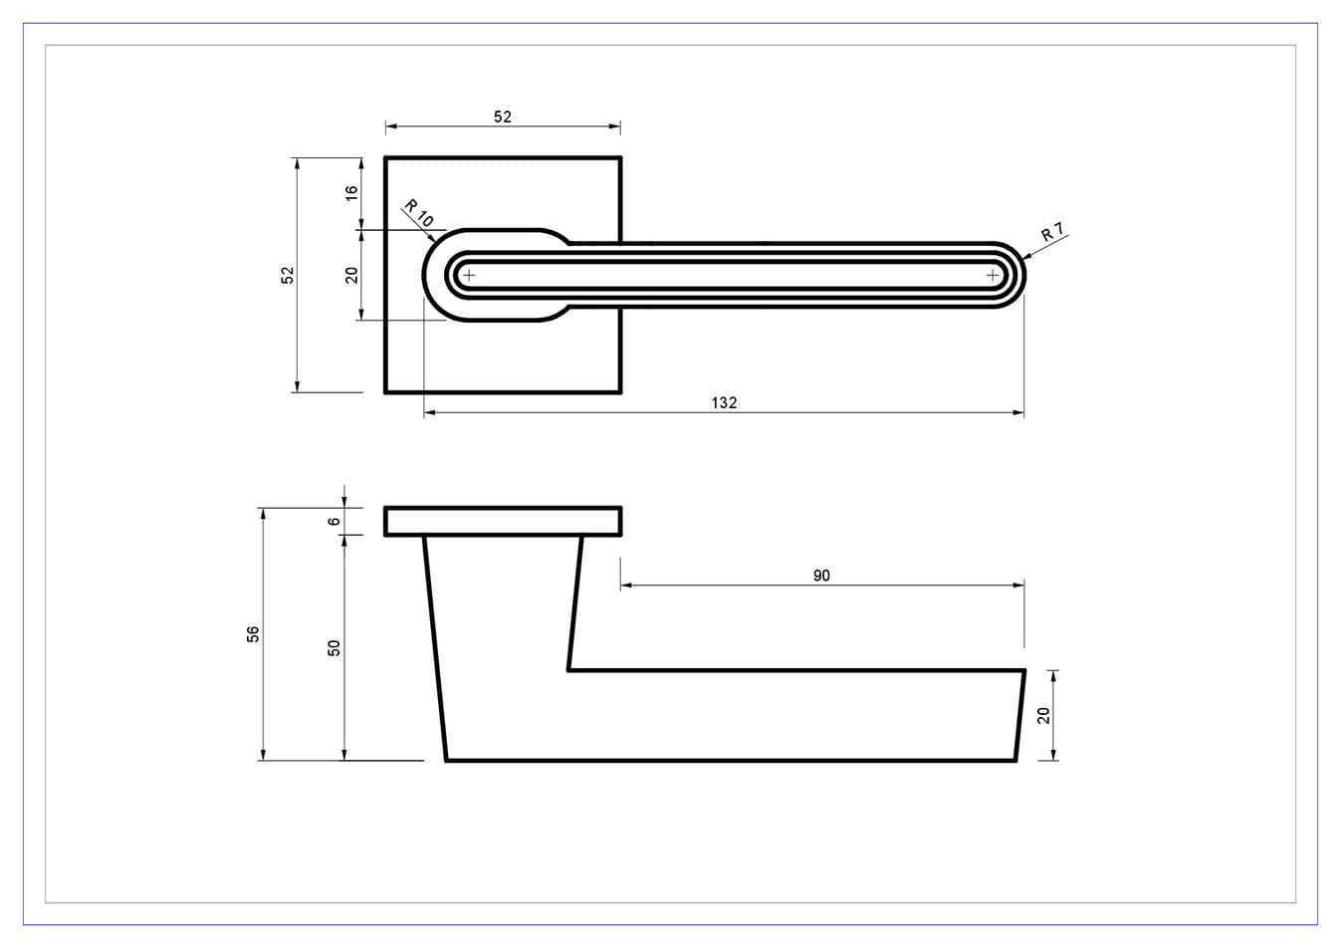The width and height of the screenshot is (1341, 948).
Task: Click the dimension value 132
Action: (x=724, y=402)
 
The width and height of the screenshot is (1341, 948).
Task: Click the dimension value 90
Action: (x=821, y=576)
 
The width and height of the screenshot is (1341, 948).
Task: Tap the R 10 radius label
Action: (x=419, y=213)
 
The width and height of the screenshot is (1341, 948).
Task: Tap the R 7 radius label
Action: (x=1052, y=232)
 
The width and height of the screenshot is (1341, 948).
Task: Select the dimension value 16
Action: (x=351, y=193)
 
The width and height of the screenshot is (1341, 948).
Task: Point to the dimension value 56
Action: (x=253, y=634)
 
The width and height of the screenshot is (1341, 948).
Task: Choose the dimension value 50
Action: (x=334, y=648)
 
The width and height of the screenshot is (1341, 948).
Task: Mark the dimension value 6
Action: (x=334, y=521)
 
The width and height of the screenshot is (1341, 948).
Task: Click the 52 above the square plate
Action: (x=503, y=117)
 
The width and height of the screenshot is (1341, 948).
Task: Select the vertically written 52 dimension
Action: (x=288, y=275)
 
